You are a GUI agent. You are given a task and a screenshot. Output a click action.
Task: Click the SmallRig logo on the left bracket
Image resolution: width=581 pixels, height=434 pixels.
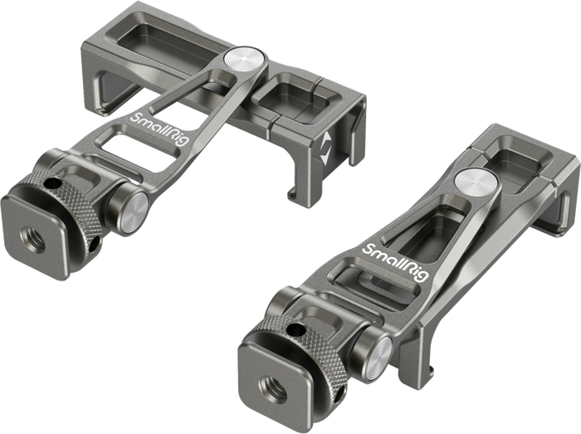click(159, 129)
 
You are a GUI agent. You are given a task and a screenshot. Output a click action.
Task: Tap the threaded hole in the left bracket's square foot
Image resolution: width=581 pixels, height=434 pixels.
click(33, 240)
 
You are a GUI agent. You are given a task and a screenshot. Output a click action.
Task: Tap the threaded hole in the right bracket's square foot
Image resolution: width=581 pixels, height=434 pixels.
click(272, 389)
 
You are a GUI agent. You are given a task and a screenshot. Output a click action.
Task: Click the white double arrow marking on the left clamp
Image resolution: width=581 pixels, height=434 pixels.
click(325, 149)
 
